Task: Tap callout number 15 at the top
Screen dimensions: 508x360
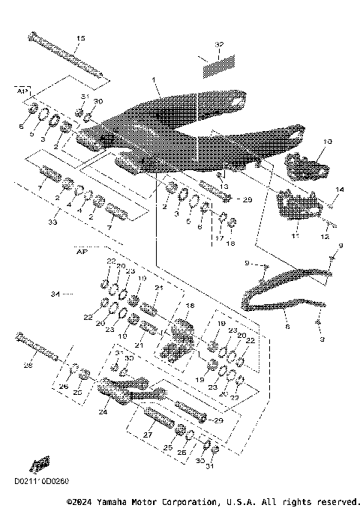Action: (x=81, y=38)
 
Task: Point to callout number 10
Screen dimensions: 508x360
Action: (x=306, y=141)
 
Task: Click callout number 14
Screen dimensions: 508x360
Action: (x=339, y=190)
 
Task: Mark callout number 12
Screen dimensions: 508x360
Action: (x=325, y=236)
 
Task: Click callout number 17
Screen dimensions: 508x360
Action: (x=218, y=238)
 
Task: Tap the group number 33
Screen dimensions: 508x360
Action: (x=51, y=223)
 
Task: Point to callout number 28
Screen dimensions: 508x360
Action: (x=29, y=366)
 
